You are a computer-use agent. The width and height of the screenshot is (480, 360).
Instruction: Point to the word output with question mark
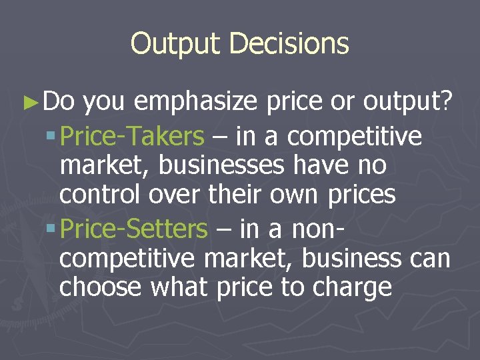point(408,102)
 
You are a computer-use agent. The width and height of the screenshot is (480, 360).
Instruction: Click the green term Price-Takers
point(132,137)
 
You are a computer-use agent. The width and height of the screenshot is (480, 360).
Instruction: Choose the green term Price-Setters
point(133,229)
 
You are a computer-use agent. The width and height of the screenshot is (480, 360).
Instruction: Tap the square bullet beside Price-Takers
point(52,137)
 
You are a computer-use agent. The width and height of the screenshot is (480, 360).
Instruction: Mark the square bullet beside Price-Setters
point(52,229)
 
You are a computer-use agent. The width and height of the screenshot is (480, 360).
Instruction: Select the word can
point(429,259)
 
